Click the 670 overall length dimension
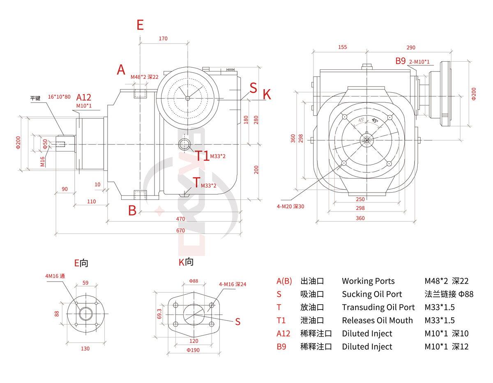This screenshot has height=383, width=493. (181, 230)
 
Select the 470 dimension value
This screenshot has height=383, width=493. (181, 219)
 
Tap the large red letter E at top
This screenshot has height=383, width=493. (140, 25)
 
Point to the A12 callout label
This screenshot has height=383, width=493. (84, 97)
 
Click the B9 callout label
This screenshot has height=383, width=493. (401, 61)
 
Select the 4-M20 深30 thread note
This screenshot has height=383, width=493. (290, 206)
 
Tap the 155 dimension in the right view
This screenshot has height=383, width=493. (343, 47)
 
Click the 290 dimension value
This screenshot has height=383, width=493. (411, 48)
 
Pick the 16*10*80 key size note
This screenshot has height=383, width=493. (59, 97)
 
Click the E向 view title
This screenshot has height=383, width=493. (81, 263)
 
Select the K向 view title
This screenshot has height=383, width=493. (186, 262)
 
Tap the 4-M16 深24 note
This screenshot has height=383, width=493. (233, 284)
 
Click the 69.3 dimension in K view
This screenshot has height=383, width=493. (159, 314)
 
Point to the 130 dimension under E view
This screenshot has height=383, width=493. (85, 349)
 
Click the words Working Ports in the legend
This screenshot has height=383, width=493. (368, 281)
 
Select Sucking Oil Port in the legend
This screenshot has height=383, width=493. (372, 294)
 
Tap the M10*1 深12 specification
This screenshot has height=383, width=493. (447, 346)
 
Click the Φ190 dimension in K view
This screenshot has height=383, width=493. (193, 350)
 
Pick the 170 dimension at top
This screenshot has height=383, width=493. (163, 39)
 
